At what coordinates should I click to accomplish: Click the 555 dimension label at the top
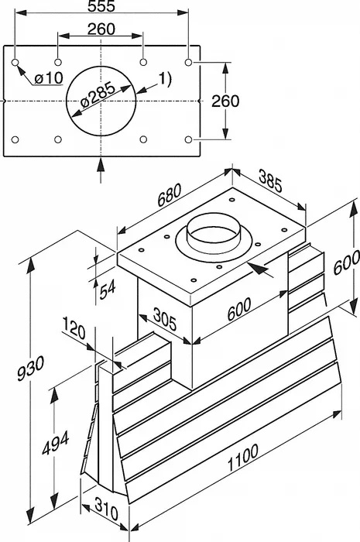(101, 6)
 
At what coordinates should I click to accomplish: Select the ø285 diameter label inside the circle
(98, 95)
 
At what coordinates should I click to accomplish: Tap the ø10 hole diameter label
(49, 78)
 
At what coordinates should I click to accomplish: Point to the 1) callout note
(165, 79)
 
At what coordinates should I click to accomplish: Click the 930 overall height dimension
(30, 368)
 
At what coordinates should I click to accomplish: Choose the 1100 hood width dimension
(243, 458)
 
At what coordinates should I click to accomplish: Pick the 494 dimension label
(56, 443)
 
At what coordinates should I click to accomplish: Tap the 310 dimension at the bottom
(106, 509)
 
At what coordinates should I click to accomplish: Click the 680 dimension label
(170, 195)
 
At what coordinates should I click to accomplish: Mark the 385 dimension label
(270, 181)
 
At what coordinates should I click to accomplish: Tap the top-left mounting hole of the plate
(15, 63)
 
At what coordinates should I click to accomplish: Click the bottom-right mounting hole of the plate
(188, 139)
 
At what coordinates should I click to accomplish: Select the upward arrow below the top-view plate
(101, 170)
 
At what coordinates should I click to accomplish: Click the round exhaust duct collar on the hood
(214, 238)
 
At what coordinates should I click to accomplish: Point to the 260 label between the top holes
(101, 29)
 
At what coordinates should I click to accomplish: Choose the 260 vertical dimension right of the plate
(225, 101)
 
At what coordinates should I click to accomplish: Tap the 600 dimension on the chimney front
(239, 309)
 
